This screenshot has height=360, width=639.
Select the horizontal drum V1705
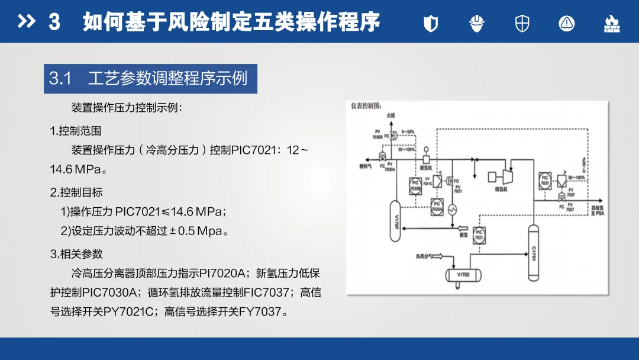(463, 275)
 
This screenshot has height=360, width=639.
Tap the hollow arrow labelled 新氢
(461, 227)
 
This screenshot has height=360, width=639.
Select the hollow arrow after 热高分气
(437, 256)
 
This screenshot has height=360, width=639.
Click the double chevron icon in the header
(27, 22)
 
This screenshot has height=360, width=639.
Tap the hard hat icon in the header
(477, 23)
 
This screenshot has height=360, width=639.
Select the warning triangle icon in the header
(567, 23)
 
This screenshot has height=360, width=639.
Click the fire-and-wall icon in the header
(611, 23)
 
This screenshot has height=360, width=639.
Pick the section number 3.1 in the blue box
(60, 79)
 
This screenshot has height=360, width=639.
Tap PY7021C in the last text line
(127, 311)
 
